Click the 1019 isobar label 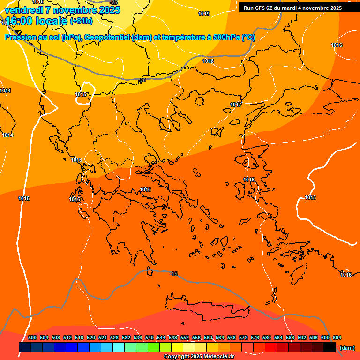point(204,14)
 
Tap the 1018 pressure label point(208,61)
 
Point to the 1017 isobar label point(236,105)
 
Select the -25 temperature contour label point(113,2)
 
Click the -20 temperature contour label point(142,80)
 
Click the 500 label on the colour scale point(32,337)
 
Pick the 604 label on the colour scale point(337,337)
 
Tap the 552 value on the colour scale point(185,337)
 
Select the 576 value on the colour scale point(255,337)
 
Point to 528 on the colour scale point(114,337)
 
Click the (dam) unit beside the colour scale point(347,348)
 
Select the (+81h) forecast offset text point(81,21)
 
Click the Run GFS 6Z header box point(292,8)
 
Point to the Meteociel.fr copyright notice point(199,357)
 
